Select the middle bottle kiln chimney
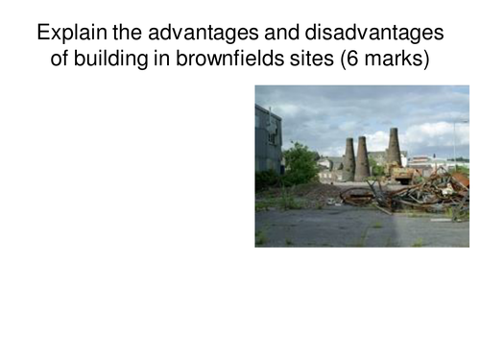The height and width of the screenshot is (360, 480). tap(362, 158)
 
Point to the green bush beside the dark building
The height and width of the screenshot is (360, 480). tap(300, 166)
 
